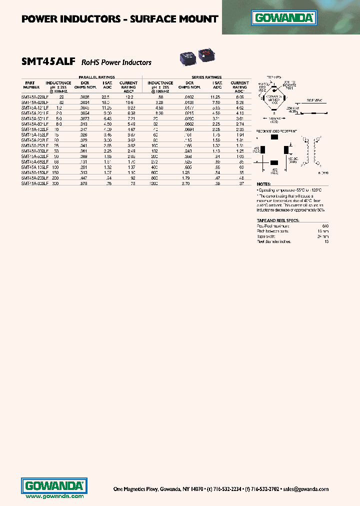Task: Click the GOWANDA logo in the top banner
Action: point(285,19)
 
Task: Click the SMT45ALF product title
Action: point(48,62)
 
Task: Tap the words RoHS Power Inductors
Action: point(116,63)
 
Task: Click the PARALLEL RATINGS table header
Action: point(96,77)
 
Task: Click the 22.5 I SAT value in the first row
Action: point(105,96)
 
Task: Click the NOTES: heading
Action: point(263,184)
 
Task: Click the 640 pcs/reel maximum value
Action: point(325,226)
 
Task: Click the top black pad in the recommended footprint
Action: point(274,137)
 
